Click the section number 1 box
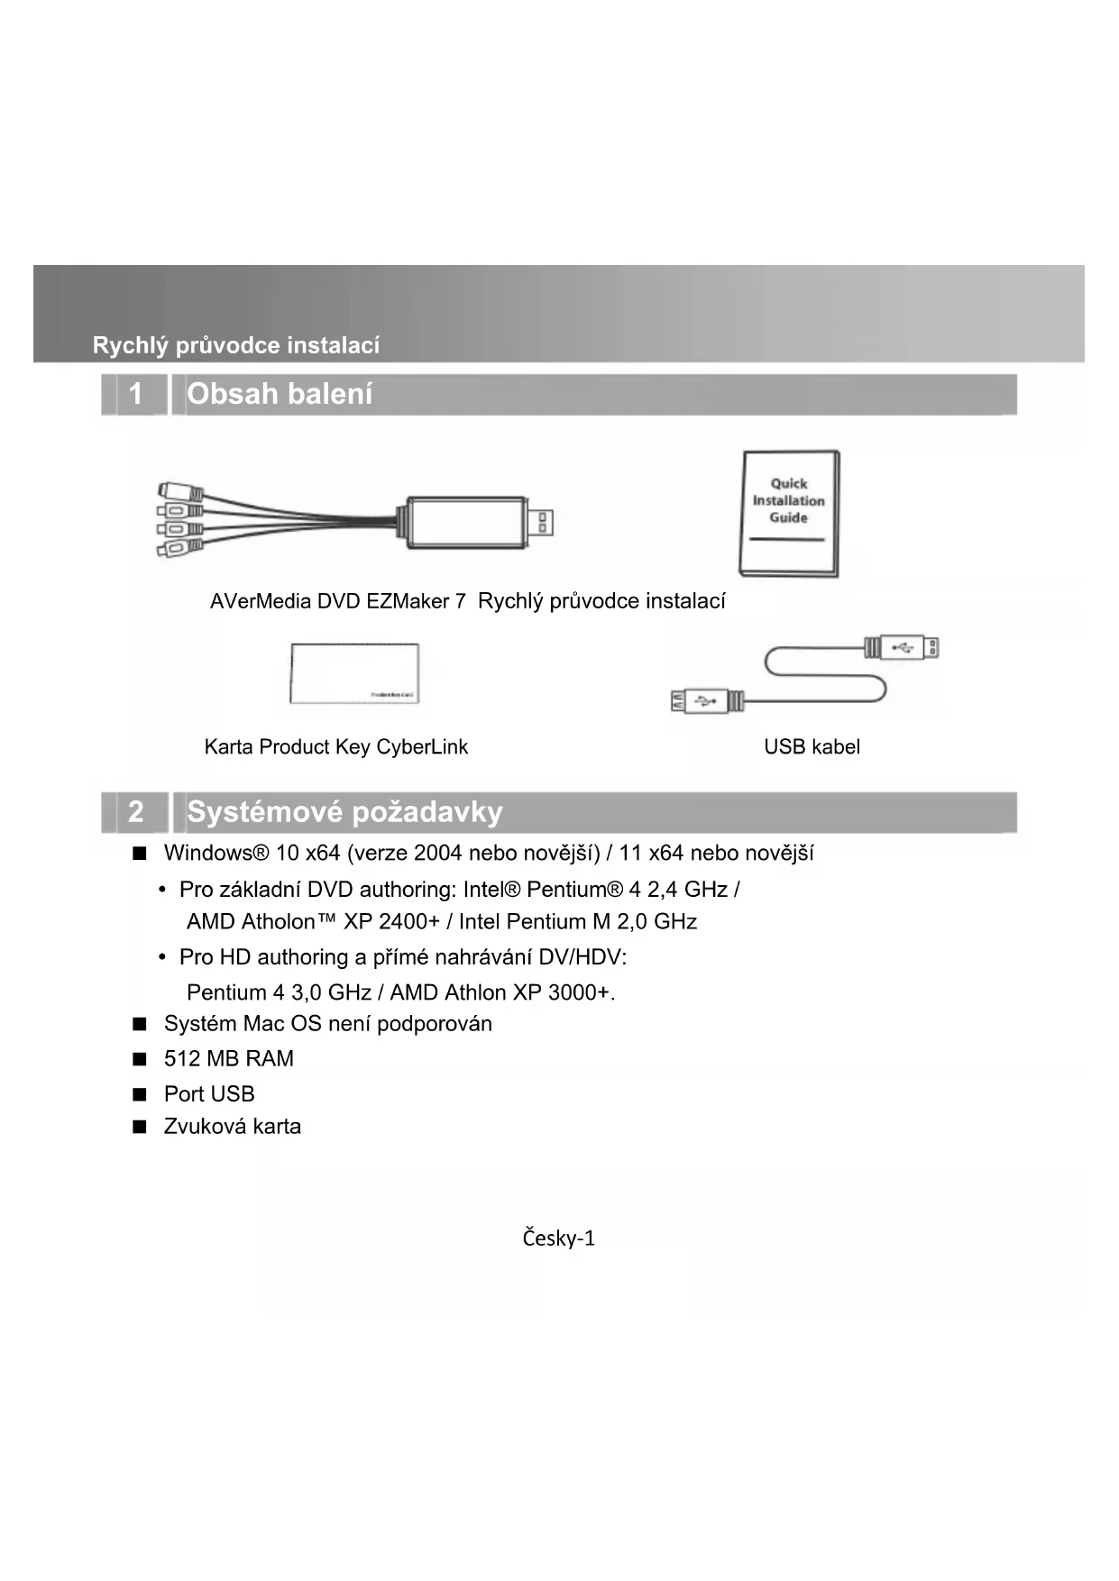tap(135, 394)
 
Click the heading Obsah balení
tap(280, 394)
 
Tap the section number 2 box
tap(135, 811)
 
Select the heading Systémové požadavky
tap(344, 811)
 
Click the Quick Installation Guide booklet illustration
tap(789, 513)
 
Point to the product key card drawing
tap(354, 673)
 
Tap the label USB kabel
tap(812, 746)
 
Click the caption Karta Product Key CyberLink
tap(335, 746)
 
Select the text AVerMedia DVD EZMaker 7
tap(337, 601)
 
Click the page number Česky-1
tap(558, 1238)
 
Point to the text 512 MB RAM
tap(228, 1058)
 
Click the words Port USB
tap(209, 1093)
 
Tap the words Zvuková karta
tap(232, 1126)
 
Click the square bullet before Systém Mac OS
tap(139, 1024)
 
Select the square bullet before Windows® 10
tap(139, 853)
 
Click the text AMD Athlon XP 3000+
tap(501, 992)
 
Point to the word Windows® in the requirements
tap(216, 853)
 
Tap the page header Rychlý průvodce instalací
tap(236, 345)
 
